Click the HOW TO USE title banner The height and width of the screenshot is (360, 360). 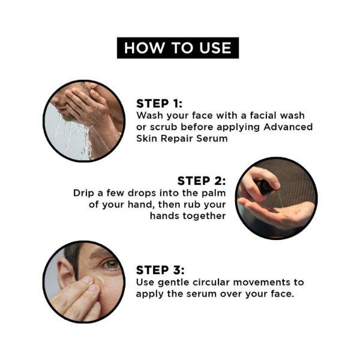(178, 48)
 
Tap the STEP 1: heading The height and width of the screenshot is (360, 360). (160, 104)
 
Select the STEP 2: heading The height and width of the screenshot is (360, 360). (202, 181)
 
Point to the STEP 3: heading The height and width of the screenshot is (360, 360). (160, 270)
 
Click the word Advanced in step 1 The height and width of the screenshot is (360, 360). (288, 127)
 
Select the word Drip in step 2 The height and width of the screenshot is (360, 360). (83, 193)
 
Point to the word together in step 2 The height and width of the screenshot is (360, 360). (205, 216)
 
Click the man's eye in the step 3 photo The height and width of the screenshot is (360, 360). (111, 264)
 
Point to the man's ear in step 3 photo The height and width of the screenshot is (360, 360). (65, 271)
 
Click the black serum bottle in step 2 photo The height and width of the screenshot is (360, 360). (266, 187)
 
